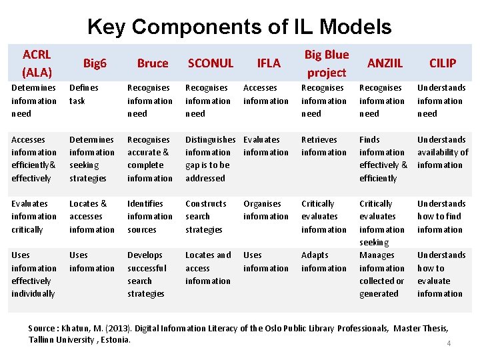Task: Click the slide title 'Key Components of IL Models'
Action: [x=239, y=27]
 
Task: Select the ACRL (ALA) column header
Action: [x=37, y=63]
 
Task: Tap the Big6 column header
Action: [x=95, y=63]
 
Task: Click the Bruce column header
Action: [x=153, y=63]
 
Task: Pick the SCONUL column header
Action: [x=211, y=63]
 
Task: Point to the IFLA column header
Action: [x=269, y=63]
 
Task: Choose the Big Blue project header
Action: [x=326, y=63]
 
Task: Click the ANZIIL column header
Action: [x=385, y=63]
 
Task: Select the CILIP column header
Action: [x=443, y=63]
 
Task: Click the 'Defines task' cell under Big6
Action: [x=84, y=94]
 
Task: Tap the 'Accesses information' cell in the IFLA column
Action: [x=265, y=94]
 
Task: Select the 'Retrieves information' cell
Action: [x=323, y=146]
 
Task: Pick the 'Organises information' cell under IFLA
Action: [x=265, y=210]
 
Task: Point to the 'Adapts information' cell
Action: [x=323, y=261]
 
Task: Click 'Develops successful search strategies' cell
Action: [x=147, y=274]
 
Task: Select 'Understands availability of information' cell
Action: [x=443, y=152]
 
